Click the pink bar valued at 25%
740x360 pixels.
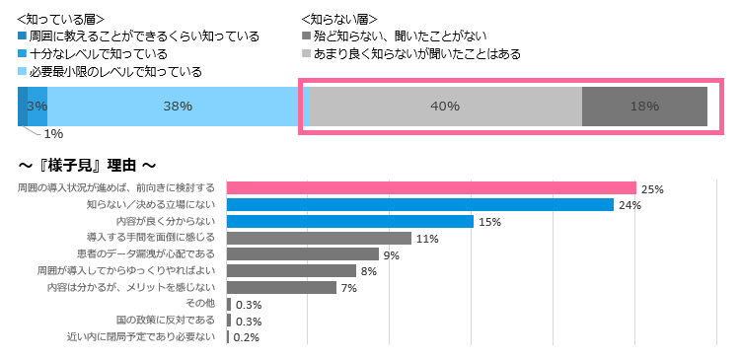(x=431, y=187)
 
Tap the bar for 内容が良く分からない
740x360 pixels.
(x=350, y=221)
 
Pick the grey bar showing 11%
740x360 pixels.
(x=319, y=238)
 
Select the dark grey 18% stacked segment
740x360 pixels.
(x=644, y=107)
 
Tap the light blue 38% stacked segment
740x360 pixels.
(x=178, y=107)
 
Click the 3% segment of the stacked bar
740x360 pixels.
(x=37, y=107)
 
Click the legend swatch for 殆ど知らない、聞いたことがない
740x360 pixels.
(x=306, y=36)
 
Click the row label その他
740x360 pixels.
(x=201, y=304)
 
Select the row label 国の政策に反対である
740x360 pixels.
(x=166, y=321)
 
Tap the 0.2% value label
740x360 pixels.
(x=248, y=337)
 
